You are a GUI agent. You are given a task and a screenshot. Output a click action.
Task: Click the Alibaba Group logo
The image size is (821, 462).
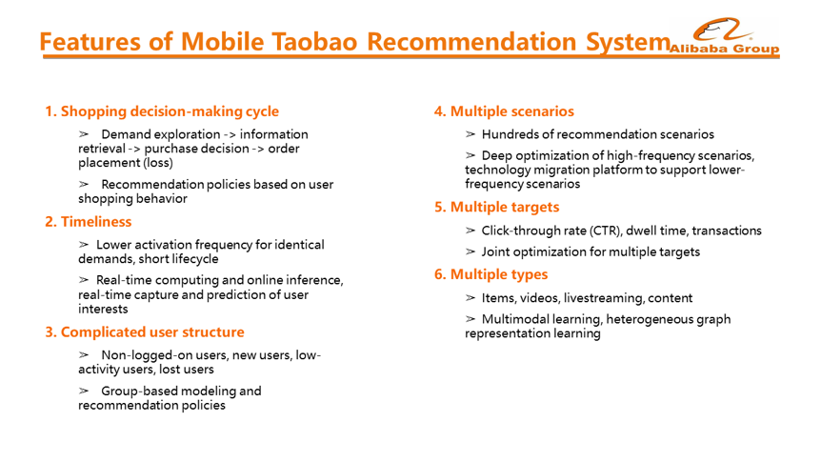point(725,35)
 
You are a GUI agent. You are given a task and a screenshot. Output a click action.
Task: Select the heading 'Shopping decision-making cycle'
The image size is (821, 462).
point(170,111)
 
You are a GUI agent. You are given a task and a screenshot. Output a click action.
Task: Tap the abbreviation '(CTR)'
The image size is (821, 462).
point(606,231)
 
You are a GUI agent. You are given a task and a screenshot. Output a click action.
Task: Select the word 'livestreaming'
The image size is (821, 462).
point(604,298)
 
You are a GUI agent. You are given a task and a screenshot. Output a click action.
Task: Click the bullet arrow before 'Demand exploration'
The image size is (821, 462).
point(84,134)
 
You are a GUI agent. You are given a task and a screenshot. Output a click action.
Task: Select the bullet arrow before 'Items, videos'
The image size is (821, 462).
point(471,298)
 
